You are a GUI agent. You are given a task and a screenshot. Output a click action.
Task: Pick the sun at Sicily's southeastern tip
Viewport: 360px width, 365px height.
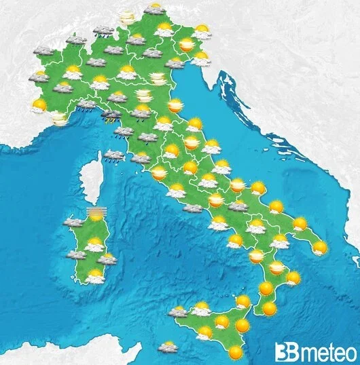[235, 352]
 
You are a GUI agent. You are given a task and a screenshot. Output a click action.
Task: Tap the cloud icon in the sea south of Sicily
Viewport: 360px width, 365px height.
[167, 347]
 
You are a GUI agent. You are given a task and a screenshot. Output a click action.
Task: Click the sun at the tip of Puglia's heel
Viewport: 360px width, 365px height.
[319, 248]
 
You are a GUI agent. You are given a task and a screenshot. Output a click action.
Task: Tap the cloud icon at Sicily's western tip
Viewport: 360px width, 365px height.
[179, 312]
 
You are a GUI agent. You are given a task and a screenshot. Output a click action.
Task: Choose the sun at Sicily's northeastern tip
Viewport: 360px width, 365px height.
[243, 301]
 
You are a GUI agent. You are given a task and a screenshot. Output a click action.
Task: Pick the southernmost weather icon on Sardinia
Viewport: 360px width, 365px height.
[94, 275]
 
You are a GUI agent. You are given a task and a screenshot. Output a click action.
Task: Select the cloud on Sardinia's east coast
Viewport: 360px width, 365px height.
[107, 258]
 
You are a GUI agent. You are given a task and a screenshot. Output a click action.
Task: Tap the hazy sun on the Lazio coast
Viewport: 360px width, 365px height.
[158, 174]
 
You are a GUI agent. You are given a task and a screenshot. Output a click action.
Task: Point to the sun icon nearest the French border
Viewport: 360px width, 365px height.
[39, 105]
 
